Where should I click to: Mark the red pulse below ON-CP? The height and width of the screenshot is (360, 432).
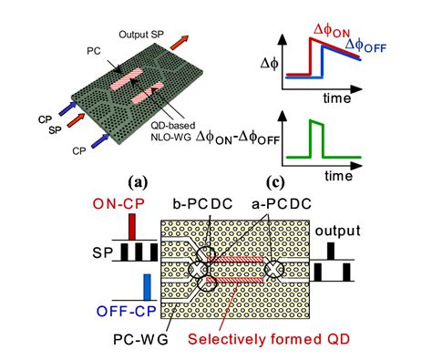tap(133, 225)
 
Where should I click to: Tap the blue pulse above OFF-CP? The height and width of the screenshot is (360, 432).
tap(146, 288)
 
